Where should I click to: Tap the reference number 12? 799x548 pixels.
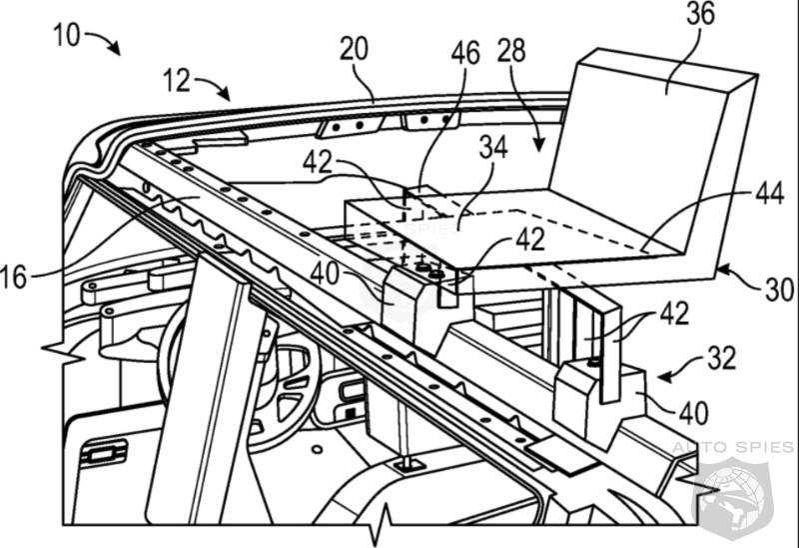click(x=176, y=79)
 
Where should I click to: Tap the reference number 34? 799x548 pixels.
click(x=492, y=147)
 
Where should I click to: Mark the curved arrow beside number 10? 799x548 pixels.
click(x=103, y=41)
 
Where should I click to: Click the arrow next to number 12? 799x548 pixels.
click(x=213, y=88)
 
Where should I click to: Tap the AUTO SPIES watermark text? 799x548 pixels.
click(x=735, y=446)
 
